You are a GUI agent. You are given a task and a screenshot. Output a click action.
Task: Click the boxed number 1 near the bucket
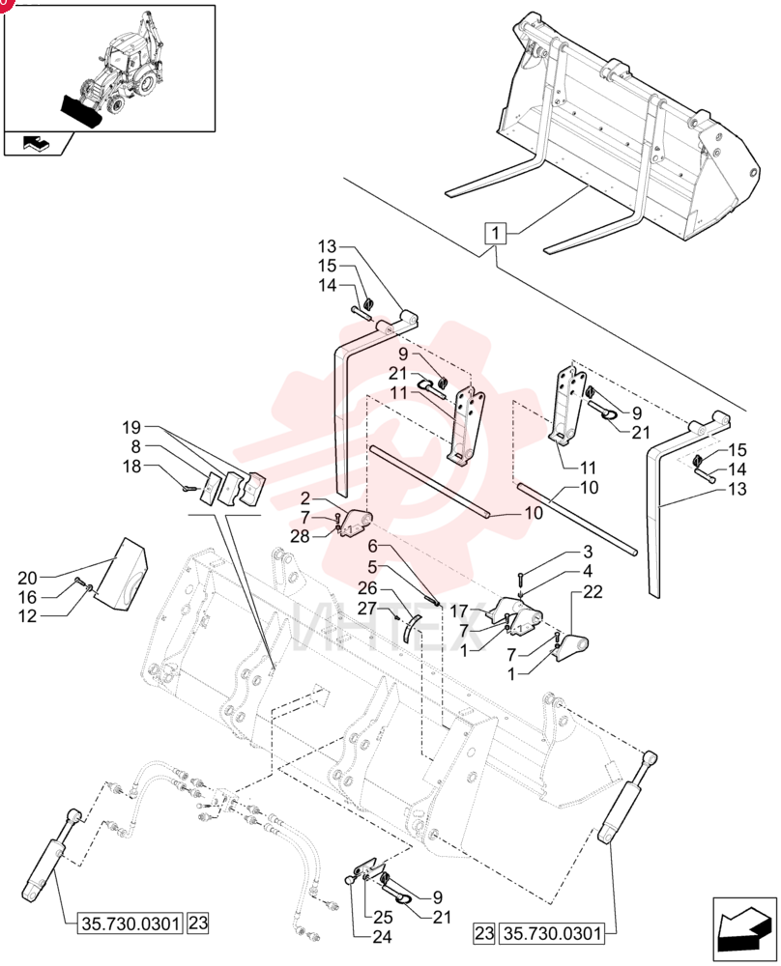pos(496,234)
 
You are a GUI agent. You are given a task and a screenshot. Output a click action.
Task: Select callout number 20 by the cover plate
pos(27,578)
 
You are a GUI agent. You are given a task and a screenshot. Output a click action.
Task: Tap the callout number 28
pos(301,536)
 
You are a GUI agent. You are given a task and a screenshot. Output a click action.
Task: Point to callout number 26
pos(367,588)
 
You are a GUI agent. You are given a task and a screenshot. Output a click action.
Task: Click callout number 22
pos(593,591)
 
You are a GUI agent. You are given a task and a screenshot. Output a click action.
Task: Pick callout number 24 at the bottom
pos(382,936)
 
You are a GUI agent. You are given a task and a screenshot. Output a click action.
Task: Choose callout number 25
pos(383,918)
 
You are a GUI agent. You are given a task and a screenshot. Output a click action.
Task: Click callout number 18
pos(131,467)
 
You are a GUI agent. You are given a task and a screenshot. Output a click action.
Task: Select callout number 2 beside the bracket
pos(305,497)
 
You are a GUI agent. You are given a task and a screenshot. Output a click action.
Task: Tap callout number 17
pos(459,611)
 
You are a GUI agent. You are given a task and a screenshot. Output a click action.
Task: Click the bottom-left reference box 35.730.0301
pos(130,923)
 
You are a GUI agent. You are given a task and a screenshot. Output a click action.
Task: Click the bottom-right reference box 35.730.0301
pos(551,933)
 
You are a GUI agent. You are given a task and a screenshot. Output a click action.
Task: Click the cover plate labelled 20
pos(124,574)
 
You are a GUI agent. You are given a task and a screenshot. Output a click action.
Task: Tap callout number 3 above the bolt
pos(588,552)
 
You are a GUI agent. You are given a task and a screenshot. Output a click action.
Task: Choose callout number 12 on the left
pos(27,615)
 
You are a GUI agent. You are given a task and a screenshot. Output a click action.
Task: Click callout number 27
pos(366,609)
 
